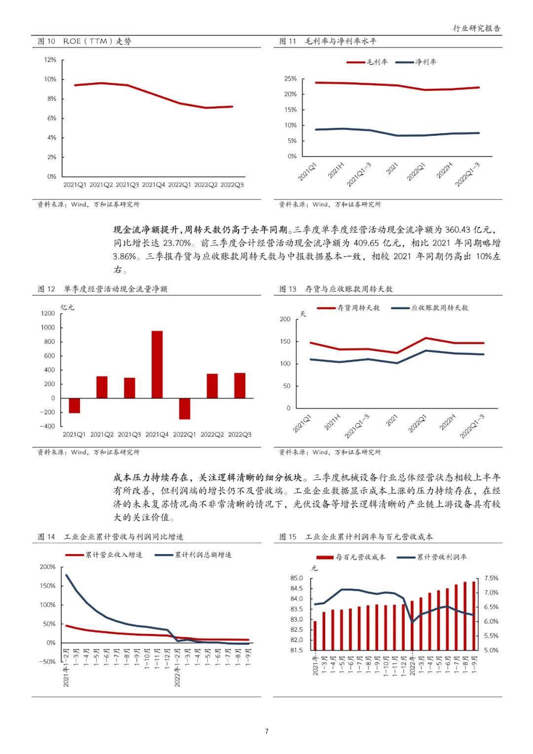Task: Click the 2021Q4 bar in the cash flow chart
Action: point(157,364)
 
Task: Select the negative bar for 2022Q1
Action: point(185,408)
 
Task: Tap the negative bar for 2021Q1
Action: point(74,405)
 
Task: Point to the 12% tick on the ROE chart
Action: point(50,60)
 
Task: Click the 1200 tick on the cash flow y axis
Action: point(48,314)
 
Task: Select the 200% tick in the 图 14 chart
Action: point(48,567)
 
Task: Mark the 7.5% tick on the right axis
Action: point(491,578)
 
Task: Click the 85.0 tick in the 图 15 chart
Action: point(297,578)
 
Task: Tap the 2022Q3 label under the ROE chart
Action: point(232,185)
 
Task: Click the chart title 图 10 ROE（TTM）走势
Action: point(85,41)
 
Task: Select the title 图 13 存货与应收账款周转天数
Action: point(336,289)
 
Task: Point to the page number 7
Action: point(266,731)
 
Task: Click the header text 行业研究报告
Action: point(477,29)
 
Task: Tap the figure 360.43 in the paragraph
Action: point(457,230)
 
